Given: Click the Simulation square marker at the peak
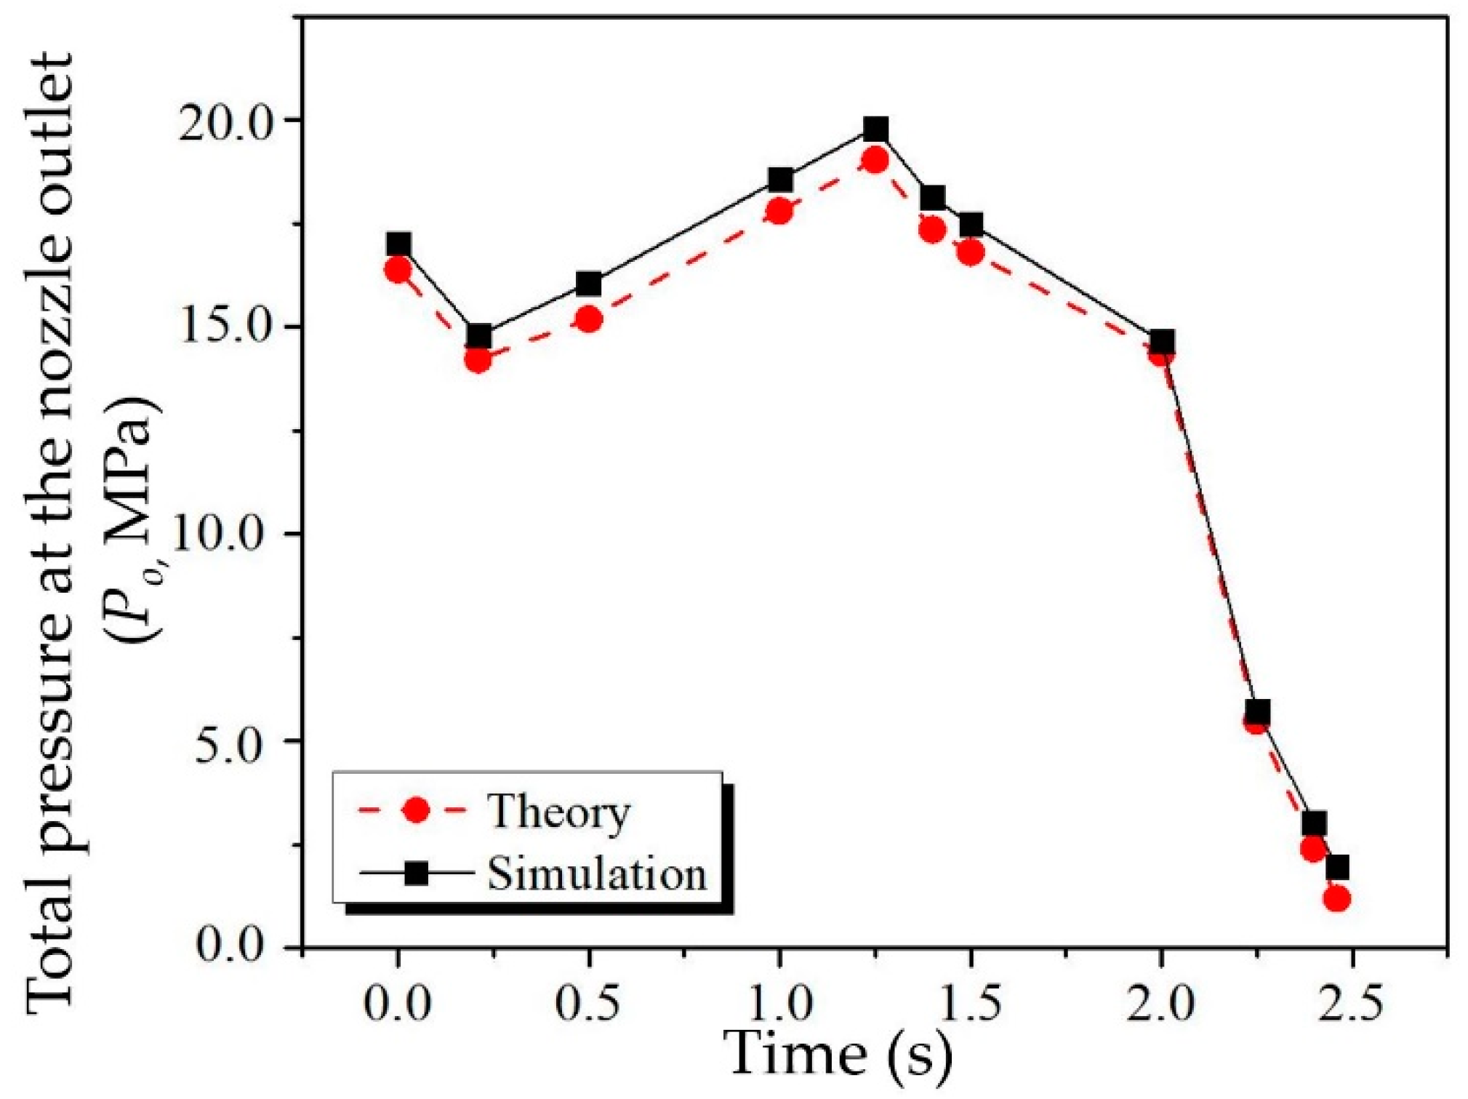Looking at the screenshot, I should [875, 130].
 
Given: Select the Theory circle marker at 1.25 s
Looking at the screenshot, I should [875, 160].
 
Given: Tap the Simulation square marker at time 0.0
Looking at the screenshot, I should [398, 244].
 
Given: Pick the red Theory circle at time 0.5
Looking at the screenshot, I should [589, 319].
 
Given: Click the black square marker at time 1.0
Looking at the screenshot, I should [780, 179].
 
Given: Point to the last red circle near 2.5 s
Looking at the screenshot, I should [1336, 899].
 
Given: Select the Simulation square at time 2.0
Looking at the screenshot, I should [1162, 341].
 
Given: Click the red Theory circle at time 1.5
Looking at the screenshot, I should [971, 252].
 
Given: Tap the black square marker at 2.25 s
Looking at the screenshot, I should [1257, 711].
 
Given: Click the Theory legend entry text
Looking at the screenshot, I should [558, 812].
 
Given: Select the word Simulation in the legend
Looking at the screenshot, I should [596, 874].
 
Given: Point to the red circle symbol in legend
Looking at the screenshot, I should [416, 810].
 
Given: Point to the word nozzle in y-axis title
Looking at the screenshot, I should [51, 240].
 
